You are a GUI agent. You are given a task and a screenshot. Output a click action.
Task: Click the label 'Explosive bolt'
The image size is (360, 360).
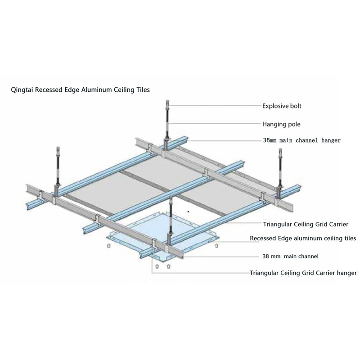[x=282, y=106]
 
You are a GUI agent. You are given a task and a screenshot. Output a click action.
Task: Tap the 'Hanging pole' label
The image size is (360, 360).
[x=281, y=123]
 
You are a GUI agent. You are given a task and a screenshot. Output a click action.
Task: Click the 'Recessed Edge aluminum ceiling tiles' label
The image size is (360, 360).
[x=303, y=238]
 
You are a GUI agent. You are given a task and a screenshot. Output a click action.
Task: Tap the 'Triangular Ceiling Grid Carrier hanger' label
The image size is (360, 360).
[x=303, y=273]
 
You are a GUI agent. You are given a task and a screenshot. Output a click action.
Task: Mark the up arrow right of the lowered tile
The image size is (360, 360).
[x=217, y=246]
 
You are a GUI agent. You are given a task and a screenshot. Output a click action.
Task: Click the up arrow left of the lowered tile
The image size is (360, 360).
[x=108, y=246]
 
